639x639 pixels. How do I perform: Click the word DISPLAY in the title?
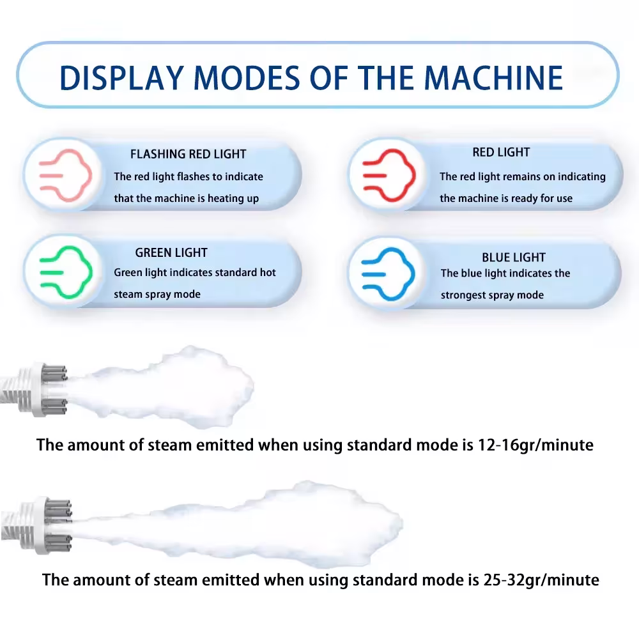(121, 77)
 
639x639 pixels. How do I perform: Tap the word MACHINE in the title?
(493, 77)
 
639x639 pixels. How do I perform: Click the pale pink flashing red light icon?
(66, 176)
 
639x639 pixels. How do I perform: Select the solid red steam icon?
(389, 176)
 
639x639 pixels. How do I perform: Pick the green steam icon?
(66, 272)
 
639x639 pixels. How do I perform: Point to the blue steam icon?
(388, 274)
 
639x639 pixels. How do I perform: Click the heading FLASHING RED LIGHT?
(189, 154)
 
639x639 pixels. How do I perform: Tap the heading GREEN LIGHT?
(171, 252)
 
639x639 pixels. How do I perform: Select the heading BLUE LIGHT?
(514, 258)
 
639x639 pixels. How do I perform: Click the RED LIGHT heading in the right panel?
(501, 153)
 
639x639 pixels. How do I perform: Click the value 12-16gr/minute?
(535, 445)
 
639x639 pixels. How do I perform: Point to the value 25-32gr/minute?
(541, 580)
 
